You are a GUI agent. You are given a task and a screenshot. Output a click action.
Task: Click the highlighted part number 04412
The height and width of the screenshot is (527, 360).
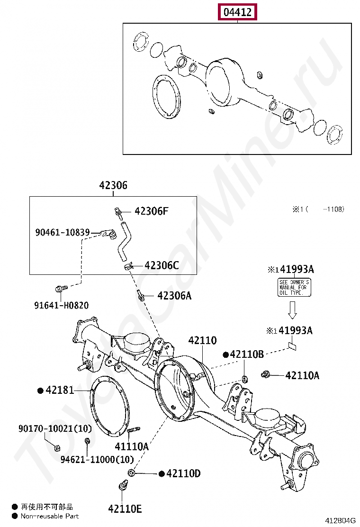pyautogui.click(x=237, y=12)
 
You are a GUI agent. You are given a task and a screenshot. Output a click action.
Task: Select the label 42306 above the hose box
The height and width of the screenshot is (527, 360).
pyautogui.click(x=113, y=185)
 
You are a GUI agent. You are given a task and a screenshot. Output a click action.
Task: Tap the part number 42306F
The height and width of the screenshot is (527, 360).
pyautogui.click(x=151, y=211)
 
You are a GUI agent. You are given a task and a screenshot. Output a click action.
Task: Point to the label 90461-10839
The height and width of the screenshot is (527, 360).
pyautogui.click(x=63, y=232)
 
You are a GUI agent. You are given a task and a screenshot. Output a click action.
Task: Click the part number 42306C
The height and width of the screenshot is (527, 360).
pyautogui.click(x=162, y=265)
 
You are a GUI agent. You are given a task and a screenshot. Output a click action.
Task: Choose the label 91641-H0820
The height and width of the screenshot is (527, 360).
pyautogui.click(x=61, y=306)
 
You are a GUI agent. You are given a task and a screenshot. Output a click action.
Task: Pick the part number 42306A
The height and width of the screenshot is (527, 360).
pyautogui.click(x=174, y=296)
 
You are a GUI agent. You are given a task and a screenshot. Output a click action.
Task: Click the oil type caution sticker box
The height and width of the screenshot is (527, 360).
pyautogui.click(x=294, y=288)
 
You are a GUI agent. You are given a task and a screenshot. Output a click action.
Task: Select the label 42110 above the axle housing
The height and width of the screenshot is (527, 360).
pyautogui.click(x=202, y=340)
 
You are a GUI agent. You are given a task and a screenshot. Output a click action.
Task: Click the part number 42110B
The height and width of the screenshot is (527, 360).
pyautogui.click(x=247, y=354)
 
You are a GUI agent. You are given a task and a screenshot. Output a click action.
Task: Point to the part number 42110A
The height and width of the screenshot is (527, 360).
pyautogui.click(x=302, y=375)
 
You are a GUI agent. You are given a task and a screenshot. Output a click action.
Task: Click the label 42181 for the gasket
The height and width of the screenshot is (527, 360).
pyautogui.click(x=60, y=391)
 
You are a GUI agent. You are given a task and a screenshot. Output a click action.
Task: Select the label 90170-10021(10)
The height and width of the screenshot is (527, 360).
pyautogui.click(x=55, y=428)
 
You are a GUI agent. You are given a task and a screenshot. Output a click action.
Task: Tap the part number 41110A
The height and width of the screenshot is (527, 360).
pyautogui.click(x=131, y=446)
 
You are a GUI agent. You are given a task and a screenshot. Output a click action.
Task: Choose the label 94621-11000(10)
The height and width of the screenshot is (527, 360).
pyautogui.click(x=97, y=459)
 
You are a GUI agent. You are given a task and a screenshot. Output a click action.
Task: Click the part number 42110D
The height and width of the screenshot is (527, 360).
pyautogui.click(x=183, y=473)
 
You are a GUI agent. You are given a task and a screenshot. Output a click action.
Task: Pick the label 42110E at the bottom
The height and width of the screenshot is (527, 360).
pyautogui.click(x=125, y=509)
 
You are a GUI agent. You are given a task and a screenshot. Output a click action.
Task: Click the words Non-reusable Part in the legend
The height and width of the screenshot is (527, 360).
pyautogui.click(x=50, y=516)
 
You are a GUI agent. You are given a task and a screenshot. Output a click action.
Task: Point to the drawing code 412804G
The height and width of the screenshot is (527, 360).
pyautogui.click(x=340, y=521)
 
